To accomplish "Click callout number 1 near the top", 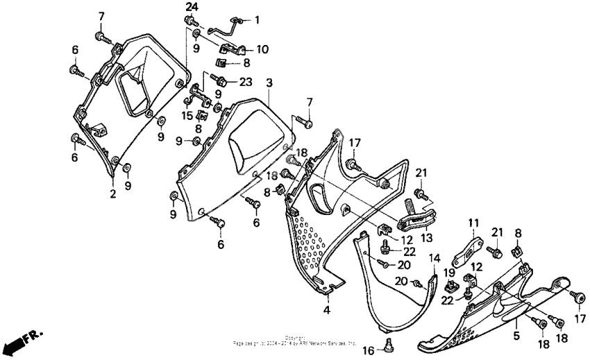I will tap(257, 20).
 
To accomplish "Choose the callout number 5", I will tap(516, 335).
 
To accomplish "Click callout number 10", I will tap(262, 49).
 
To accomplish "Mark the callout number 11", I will tap(473, 223).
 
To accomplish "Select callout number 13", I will tap(425, 237).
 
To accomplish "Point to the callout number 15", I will tap(186, 114).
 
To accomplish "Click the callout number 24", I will tap(192, 7).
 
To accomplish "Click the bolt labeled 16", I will tap(388, 343).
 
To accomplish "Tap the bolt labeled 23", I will tap(221, 80).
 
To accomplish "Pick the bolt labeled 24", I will tap(189, 23).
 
